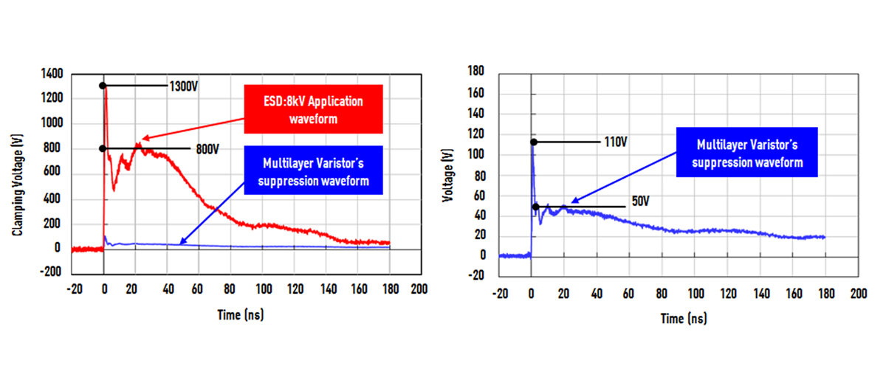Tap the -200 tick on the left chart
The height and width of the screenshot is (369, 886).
(x=52, y=272)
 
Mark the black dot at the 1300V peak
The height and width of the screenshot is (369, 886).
(x=103, y=86)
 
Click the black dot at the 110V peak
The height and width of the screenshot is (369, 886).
(x=532, y=142)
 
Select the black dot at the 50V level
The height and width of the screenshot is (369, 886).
(x=536, y=207)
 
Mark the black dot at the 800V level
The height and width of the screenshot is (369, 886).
(x=103, y=149)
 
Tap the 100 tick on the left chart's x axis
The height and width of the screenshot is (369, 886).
(x=261, y=289)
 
